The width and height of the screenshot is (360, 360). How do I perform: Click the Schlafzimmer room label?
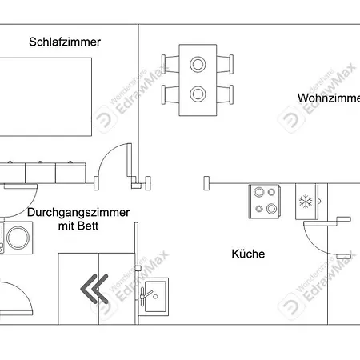tap(65, 42)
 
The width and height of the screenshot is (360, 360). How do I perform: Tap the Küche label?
tap(248, 254)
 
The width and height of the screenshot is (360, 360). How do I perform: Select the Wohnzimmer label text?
tap(329, 98)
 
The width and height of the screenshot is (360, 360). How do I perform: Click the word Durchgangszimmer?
tap(78, 213)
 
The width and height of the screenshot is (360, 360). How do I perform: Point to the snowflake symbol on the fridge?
tap(306, 202)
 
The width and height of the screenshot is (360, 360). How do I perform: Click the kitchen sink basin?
tap(155, 296)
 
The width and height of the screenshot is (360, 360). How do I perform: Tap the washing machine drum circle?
tap(18, 238)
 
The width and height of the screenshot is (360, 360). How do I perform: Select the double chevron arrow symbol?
tap(94, 289)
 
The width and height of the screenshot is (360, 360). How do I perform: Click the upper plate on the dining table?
tap(198, 64)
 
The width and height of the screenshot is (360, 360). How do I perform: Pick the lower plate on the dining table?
tap(198, 94)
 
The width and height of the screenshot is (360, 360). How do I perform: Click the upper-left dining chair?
tap(170, 64)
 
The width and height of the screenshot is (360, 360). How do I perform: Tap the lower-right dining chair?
tap(225, 94)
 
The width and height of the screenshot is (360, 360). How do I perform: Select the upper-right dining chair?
tap(225, 64)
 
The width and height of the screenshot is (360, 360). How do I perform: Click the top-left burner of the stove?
tap(258, 192)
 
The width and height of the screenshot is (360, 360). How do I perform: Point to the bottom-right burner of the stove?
tap(271, 209)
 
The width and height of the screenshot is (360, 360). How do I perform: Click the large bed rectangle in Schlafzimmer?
tap(46, 97)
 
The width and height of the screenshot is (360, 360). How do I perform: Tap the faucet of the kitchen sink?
tap(146, 294)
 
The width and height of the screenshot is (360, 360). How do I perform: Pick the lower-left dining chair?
tap(170, 94)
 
